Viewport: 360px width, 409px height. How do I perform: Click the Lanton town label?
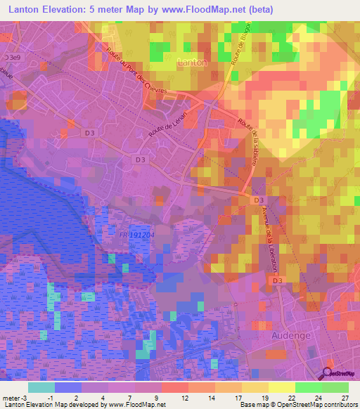(x=193, y=63)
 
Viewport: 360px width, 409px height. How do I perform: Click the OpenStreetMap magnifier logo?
(x=328, y=375)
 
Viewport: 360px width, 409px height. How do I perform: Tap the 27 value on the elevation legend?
(x=344, y=398)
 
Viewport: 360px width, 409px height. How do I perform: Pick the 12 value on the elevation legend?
(x=185, y=398)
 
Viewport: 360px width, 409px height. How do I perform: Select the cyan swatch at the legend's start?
(x=41, y=387)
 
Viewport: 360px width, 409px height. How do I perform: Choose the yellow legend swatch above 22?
(x=281, y=387)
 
